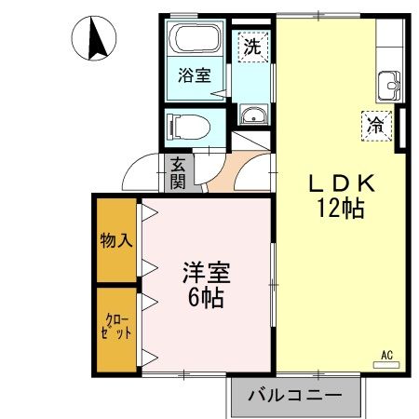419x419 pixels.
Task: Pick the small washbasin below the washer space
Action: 252,115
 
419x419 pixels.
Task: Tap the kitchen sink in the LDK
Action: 387,88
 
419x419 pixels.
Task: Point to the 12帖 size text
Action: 337,209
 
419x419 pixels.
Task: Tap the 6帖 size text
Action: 206,299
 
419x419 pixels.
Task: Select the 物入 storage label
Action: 115,241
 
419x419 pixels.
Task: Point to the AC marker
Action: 387,355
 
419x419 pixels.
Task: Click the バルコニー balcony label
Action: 294,396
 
